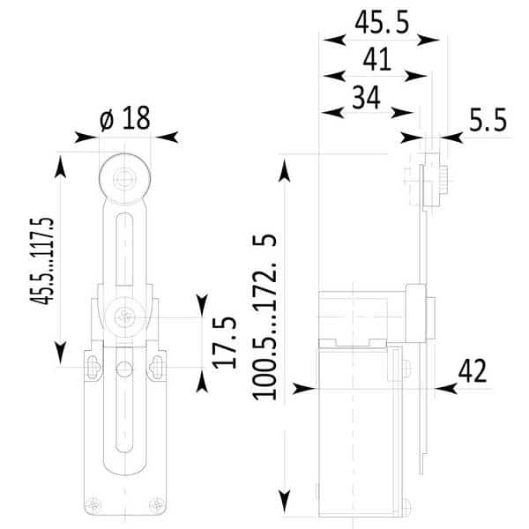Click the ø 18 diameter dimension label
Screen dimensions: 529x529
(125, 118)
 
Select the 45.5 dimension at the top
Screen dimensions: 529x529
(382, 22)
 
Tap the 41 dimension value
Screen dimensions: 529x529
(376, 59)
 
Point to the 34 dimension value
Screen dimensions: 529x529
(367, 97)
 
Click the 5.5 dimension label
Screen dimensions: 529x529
(488, 120)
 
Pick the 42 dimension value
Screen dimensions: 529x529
(473, 371)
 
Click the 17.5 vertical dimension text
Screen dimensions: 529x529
(224, 342)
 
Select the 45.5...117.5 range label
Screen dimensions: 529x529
(42, 261)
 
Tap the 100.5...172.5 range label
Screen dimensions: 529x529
(264, 317)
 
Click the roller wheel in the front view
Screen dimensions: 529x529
(125, 179)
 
